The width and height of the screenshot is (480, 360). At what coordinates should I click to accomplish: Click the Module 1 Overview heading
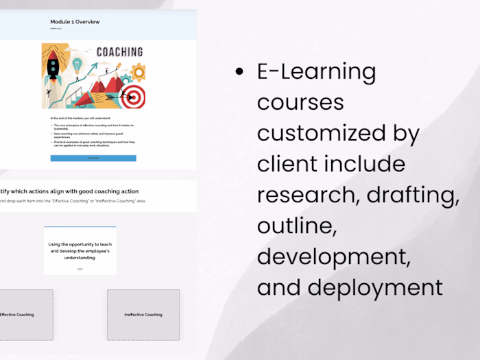click(75, 22)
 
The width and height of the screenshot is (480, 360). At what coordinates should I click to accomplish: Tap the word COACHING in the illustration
click(119, 51)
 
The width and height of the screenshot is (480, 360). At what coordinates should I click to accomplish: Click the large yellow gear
click(138, 72)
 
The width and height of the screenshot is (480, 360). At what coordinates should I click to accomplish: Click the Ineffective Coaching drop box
click(143, 315)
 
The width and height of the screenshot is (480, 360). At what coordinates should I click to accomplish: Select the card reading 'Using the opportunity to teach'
click(80, 251)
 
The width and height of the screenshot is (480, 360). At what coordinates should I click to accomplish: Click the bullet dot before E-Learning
click(239, 71)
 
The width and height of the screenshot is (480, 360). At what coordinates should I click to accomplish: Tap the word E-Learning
click(316, 71)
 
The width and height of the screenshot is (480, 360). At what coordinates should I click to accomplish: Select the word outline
click(296, 226)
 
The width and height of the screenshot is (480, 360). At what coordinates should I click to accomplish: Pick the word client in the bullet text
click(286, 164)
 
